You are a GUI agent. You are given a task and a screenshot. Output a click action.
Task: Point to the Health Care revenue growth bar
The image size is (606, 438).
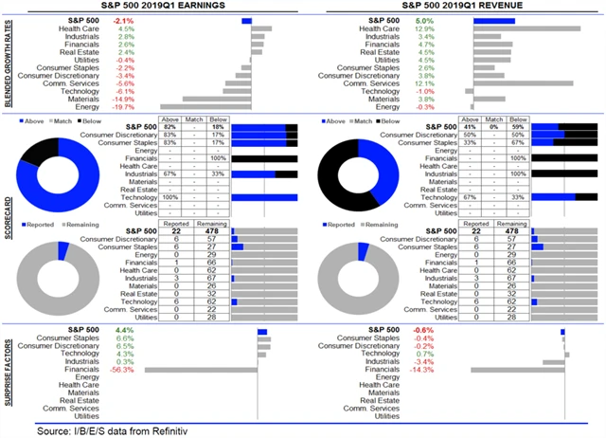(526, 28)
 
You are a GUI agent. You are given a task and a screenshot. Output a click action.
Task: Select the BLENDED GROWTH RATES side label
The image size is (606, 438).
(9, 64)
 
